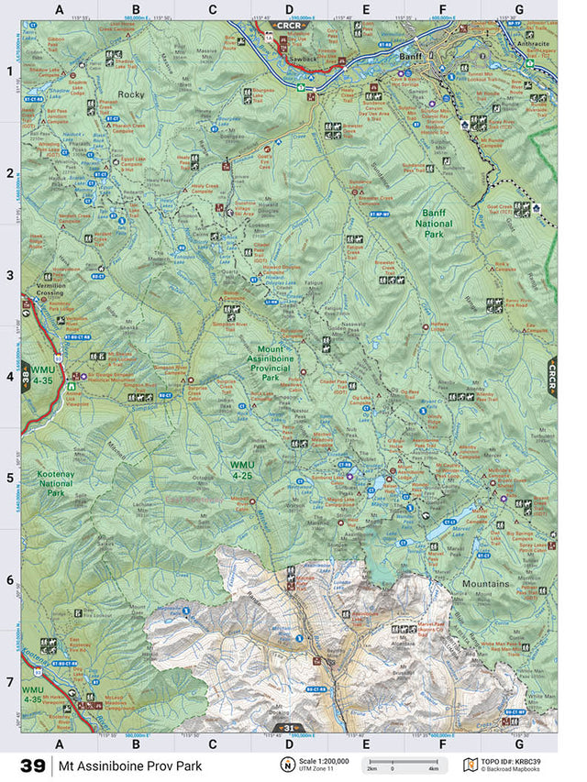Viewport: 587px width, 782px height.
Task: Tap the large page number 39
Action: click(31, 765)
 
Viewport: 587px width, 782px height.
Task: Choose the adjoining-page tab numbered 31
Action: click(289, 729)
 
